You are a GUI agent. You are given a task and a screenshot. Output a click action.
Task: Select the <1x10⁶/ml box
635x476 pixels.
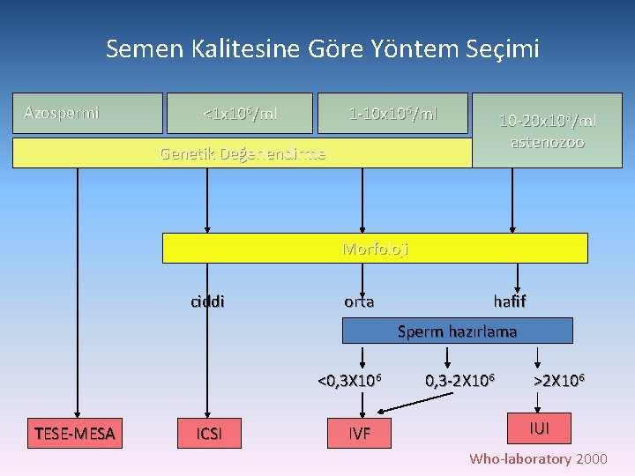click(240, 113)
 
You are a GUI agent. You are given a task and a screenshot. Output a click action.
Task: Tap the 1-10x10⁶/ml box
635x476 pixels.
click(392, 113)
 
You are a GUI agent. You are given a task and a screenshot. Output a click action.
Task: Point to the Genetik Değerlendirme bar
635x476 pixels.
click(243, 153)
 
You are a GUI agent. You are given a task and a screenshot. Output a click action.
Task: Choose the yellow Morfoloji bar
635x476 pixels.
click(375, 249)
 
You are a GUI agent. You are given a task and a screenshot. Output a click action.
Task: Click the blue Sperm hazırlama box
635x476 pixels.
click(457, 331)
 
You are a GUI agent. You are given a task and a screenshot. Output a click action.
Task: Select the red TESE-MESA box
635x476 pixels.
click(76, 433)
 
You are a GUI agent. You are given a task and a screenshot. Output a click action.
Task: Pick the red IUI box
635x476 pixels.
click(538, 428)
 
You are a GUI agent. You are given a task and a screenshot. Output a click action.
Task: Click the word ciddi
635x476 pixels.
click(207, 301)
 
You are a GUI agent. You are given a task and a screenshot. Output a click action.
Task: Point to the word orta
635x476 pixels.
click(359, 301)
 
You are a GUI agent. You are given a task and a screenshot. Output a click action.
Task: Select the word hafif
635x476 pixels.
click(510, 301)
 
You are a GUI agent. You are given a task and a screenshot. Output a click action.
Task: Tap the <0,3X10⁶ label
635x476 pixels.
click(350, 381)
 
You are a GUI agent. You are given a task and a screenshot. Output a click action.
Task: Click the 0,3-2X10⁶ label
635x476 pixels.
click(459, 381)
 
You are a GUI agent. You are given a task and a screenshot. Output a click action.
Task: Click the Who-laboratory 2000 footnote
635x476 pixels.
click(538, 458)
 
